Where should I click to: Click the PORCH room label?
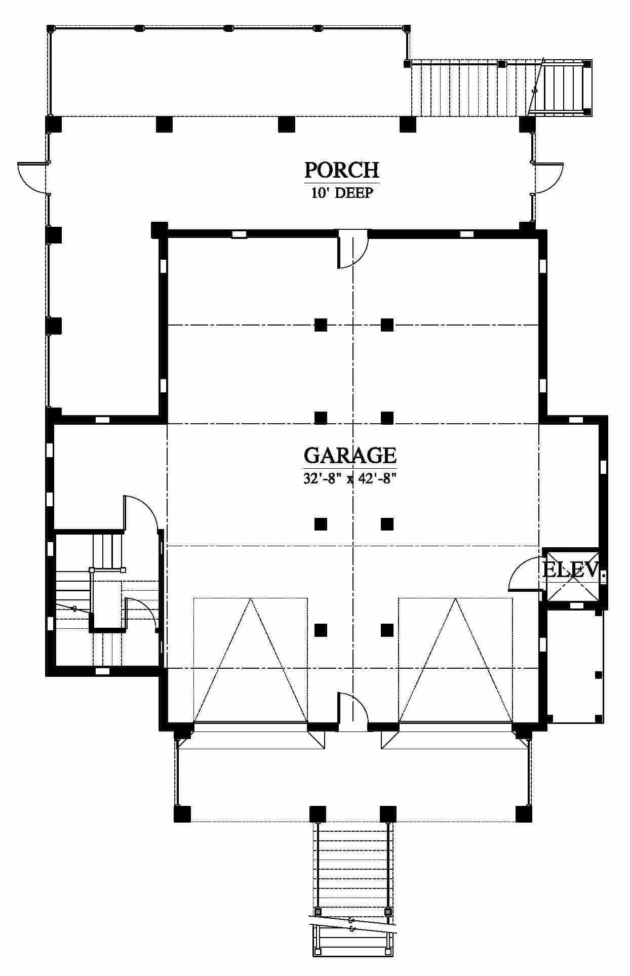coord(341,170)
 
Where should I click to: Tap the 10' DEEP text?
coord(342,193)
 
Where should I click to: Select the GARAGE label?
coord(350,455)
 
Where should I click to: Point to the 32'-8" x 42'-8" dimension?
coord(349,478)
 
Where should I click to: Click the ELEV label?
coord(571,570)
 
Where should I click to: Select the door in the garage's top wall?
coord(353,249)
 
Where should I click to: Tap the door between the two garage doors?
coord(353,712)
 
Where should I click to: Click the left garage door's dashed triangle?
coord(251,660)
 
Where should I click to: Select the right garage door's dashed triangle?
coord(456,660)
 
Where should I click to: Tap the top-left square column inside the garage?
coord(321,324)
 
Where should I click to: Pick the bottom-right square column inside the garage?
coord(387,630)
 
